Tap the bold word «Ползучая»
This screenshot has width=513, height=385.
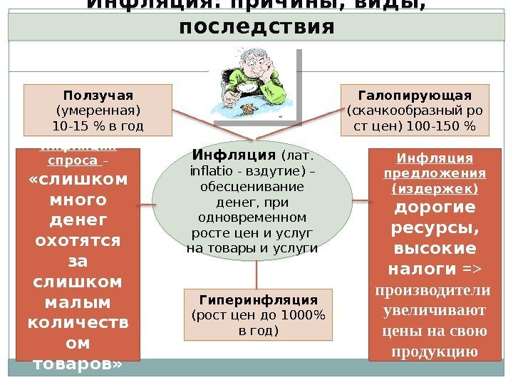98,96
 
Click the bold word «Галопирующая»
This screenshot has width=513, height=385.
415,96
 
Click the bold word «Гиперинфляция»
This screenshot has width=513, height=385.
258,299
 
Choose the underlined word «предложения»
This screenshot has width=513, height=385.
435,173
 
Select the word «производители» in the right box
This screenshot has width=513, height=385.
435,290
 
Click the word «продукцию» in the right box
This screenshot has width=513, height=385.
435,351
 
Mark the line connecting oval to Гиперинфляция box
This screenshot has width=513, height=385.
256,273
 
